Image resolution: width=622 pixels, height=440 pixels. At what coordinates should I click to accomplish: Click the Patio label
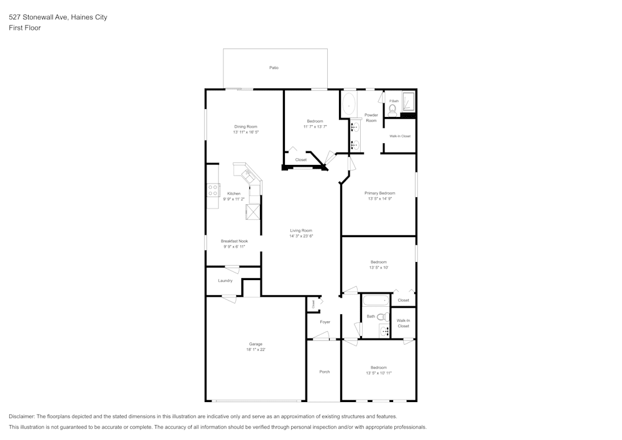274,67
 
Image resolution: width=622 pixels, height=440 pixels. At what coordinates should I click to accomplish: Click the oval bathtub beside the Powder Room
348,104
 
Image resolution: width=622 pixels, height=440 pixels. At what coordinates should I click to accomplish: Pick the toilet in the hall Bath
381,317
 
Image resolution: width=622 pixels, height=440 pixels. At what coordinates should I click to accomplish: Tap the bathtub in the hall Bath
376,301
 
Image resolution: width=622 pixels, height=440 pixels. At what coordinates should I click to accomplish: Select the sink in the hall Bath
384,330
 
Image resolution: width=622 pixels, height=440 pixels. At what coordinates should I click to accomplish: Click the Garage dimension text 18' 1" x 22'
256,350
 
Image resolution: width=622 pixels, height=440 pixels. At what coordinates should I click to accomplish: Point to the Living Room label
301,230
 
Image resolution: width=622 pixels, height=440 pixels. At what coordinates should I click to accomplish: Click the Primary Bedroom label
379,193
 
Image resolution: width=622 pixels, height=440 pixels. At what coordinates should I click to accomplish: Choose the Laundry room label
225,281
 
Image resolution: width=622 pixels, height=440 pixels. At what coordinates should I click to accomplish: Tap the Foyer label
325,322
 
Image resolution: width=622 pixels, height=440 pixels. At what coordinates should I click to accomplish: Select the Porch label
325,372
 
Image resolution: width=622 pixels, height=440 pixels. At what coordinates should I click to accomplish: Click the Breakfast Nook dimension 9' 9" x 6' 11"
234,247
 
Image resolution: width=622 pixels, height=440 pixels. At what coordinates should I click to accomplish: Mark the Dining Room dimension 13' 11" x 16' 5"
246,132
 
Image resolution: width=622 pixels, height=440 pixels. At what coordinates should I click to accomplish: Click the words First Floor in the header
25,28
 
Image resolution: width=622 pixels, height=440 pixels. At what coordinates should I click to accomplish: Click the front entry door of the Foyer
321,338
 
